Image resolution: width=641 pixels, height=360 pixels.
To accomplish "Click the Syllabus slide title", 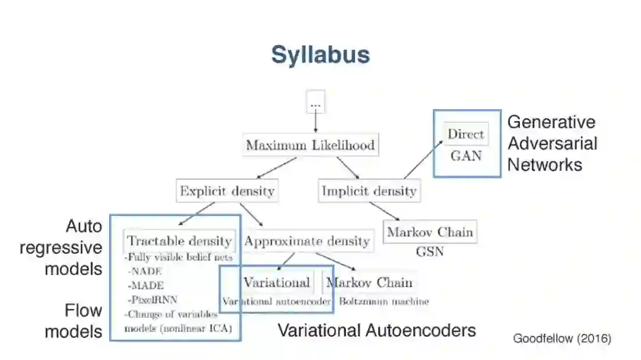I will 320,55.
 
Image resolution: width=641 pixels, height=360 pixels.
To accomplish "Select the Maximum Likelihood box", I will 310,145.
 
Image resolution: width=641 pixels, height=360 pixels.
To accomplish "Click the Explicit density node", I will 227,191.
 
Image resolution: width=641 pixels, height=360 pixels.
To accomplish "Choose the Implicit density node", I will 369,191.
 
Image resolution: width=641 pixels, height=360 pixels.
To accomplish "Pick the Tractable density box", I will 179,241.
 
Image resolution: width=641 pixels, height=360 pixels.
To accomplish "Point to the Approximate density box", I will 307,241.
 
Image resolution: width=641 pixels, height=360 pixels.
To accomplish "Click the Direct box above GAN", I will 465,134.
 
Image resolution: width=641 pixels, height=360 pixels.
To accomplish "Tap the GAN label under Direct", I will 466,156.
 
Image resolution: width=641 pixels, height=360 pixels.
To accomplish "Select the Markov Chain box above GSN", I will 430,232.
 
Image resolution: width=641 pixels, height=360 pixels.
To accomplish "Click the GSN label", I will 430,252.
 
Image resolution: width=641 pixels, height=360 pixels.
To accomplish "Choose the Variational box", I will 277,282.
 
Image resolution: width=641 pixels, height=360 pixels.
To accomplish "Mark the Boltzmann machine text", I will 383,301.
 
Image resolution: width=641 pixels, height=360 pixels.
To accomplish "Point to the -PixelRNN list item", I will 152,299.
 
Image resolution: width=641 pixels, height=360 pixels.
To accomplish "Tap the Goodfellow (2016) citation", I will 561,339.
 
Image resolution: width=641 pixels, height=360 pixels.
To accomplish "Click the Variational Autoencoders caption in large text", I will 377,330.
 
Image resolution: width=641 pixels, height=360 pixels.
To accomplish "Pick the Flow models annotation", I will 74,320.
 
